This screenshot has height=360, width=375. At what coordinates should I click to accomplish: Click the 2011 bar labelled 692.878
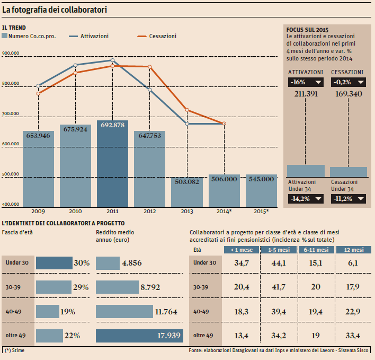[x=112, y=164]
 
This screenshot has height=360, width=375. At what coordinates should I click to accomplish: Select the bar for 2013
[x=186, y=192]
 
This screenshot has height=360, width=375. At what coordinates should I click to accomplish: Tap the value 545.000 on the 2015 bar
[x=261, y=179]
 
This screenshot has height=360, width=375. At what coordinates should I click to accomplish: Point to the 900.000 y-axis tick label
[x=11, y=54]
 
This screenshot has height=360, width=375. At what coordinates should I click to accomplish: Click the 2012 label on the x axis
[x=149, y=211]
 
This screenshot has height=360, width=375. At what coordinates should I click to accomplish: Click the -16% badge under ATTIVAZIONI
[x=306, y=82]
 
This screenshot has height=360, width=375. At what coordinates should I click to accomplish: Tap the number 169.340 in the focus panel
[x=347, y=94]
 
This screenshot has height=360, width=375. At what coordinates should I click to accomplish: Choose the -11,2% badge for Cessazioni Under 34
[x=347, y=198]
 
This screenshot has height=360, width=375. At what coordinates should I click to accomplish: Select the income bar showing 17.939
[x=139, y=335]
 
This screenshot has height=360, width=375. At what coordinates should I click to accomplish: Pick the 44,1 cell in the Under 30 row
[x=278, y=263]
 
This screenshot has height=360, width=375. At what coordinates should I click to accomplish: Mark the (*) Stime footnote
[x=15, y=350]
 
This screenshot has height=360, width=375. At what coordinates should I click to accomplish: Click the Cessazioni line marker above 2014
[x=224, y=124]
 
